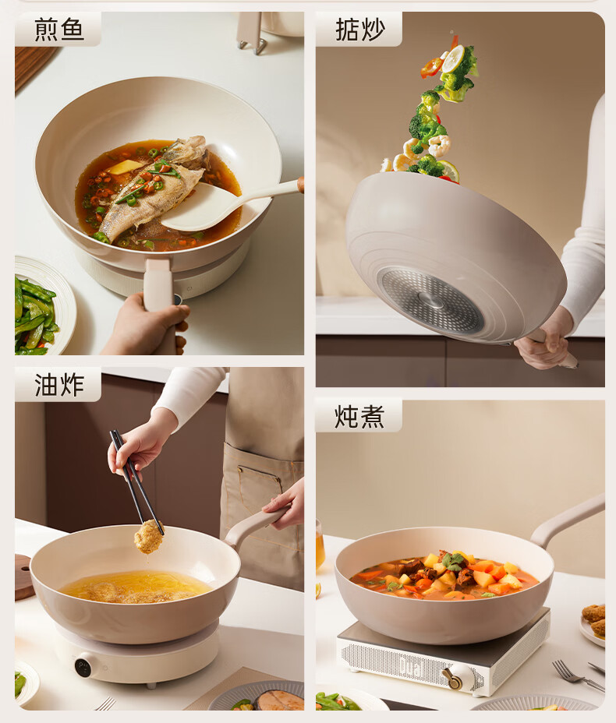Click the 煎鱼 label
58,30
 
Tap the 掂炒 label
360,30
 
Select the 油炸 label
59,385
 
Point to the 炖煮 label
359,416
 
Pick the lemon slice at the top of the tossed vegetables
453,58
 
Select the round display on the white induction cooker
83,667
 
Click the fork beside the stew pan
578,675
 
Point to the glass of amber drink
320,545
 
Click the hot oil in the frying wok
135,586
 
